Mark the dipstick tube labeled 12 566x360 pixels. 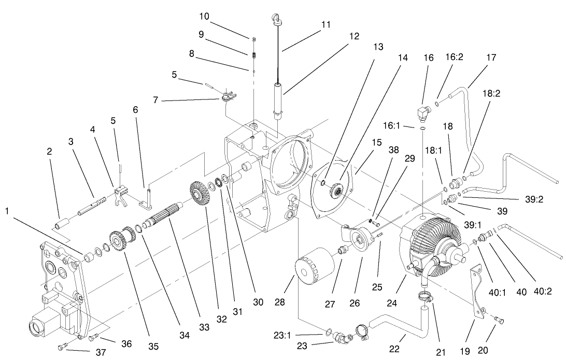coord(279,101)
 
